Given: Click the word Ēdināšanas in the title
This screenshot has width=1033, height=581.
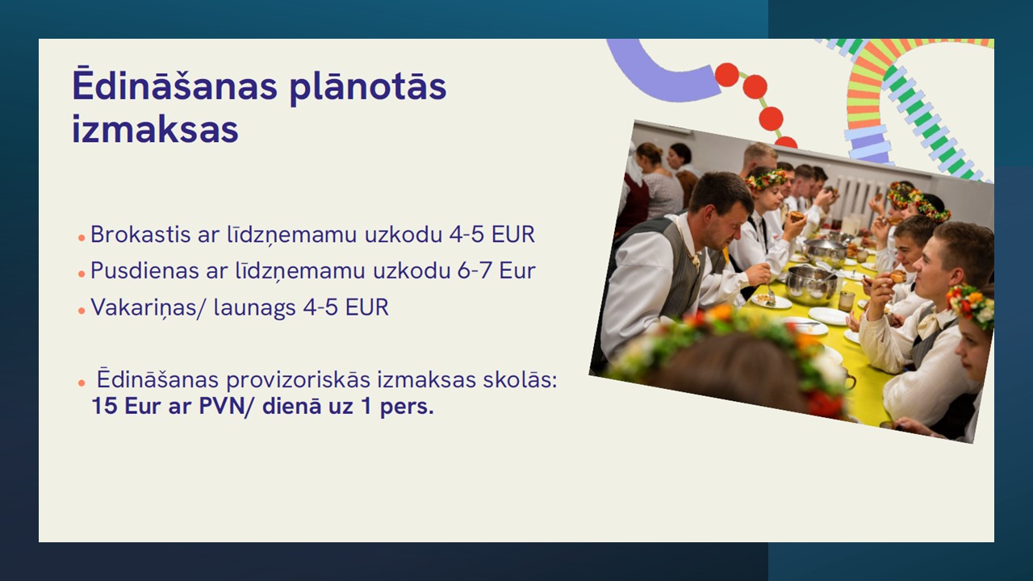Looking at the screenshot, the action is click(175, 85).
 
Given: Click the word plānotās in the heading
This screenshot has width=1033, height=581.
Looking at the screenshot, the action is click(368, 89).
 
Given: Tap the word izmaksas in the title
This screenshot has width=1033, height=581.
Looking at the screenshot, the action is click(155, 129).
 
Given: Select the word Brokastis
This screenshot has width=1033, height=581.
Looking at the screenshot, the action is click(140, 234).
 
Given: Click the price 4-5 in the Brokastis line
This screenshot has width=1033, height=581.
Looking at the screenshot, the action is click(466, 234).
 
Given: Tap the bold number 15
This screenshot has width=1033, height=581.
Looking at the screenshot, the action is click(104, 406).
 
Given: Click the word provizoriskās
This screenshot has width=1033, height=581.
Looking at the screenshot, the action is click(298, 380).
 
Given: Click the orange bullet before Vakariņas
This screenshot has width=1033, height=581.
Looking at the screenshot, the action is click(82, 311).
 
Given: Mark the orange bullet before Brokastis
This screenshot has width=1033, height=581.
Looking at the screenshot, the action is click(82, 237).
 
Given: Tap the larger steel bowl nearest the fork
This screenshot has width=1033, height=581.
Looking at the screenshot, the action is click(811, 285).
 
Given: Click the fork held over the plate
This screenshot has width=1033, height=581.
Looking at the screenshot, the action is click(771, 292).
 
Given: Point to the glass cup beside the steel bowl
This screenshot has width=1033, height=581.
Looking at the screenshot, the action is click(847, 301).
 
